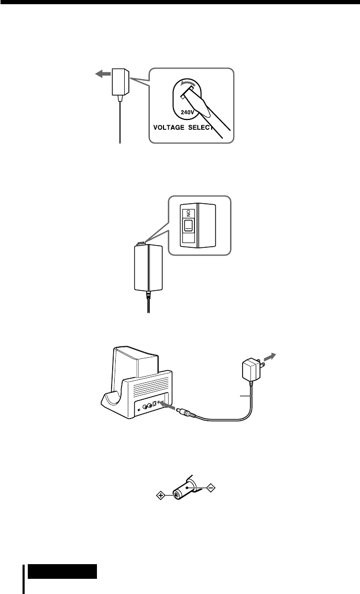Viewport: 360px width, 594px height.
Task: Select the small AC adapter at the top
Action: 121,82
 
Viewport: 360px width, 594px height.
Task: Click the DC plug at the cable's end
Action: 187,412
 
